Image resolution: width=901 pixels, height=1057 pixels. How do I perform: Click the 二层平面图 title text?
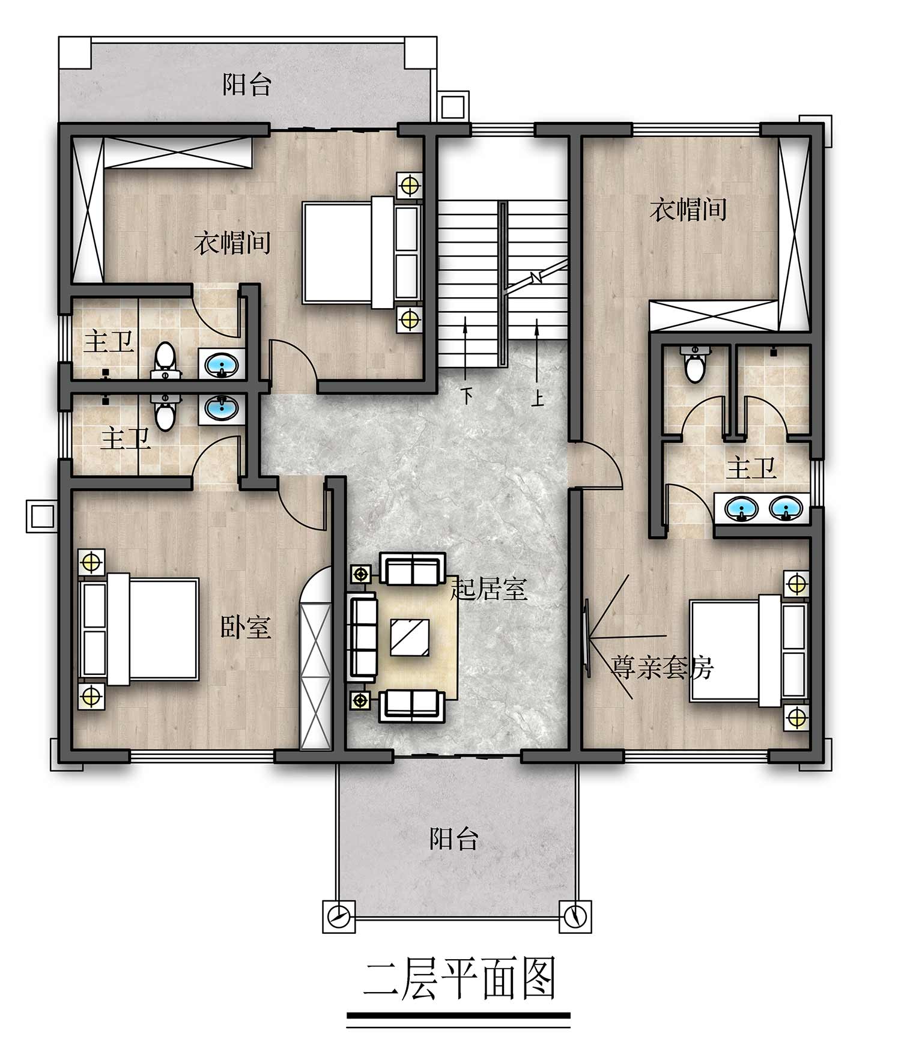point(458,979)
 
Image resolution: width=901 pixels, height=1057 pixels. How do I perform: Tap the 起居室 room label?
point(489,590)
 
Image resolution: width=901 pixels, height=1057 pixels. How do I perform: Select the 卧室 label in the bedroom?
point(246,627)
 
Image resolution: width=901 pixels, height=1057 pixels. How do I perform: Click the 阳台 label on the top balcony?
point(247,84)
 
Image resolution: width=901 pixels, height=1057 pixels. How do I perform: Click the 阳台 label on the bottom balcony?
point(454,839)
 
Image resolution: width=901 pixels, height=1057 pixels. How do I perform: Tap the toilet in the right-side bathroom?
point(695,364)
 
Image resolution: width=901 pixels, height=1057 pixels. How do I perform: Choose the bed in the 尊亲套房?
point(747,652)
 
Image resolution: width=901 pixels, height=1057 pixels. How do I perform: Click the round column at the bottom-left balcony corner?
point(338,916)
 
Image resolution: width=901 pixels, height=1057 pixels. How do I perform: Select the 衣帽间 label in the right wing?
point(688,210)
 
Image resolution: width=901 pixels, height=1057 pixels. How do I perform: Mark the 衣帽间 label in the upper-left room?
point(232,243)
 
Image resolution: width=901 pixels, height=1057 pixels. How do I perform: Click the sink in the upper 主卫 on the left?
point(222,364)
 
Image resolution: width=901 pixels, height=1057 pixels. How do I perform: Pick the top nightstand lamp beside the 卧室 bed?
point(91,563)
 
